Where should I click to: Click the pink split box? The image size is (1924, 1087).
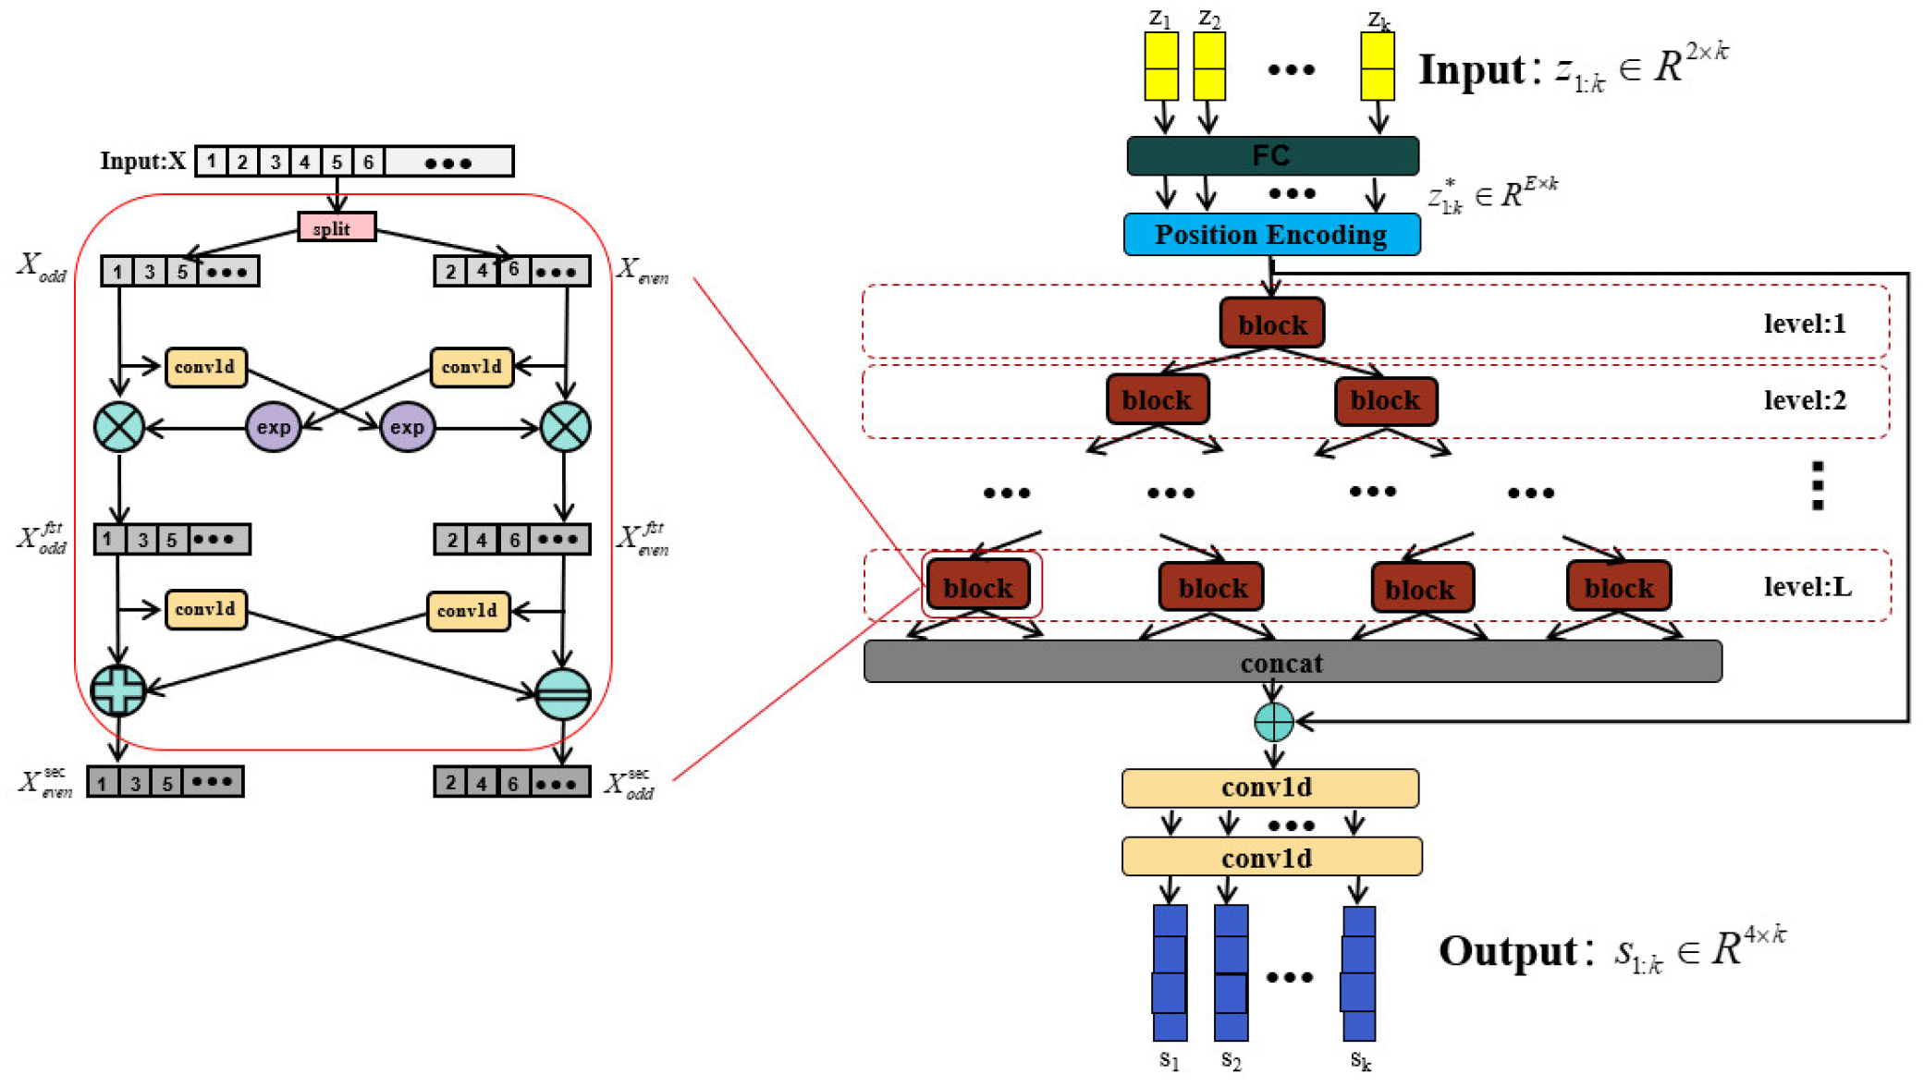pyautogui.click(x=337, y=227)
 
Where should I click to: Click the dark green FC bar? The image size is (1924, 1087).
pyautogui.click(x=1272, y=155)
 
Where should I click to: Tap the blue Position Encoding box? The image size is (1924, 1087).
pyautogui.click(x=1271, y=235)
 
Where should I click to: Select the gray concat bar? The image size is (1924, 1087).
pyautogui.click(x=1292, y=662)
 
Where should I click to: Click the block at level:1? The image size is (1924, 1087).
pyautogui.click(x=1272, y=324)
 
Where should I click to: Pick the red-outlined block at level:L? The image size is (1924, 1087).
pyautogui.click(x=978, y=586)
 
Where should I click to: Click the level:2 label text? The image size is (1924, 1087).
pyautogui.click(x=1804, y=400)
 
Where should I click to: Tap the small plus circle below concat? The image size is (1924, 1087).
pyautogui.click(x=1273, y=722)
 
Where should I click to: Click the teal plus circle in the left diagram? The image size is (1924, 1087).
pyautogui.click(x=118, y=690)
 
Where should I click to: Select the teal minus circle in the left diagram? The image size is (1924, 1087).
pyautogui.click(x=563, y=693)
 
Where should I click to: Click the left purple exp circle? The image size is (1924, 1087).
pyautogui.click(x=273, y=427)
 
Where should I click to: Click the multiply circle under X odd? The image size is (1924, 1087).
pyautogui.click(x=119, y=427)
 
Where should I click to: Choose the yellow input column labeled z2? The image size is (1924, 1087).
pyautogui.click(x=1209, y=67)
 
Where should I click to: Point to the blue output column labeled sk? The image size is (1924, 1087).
pyautogui.click(x=1358, y=972)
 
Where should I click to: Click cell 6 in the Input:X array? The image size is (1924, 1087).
pyautogui.click(x=368, y=162)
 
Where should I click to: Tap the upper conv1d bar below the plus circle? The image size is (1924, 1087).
pyautogui.click(x=1269, y=788)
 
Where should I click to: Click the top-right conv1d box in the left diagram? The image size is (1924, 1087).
pyautogui.click(x=472, y=367)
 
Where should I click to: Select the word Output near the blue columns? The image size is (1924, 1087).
pyautogui.click(x=1507, y=951)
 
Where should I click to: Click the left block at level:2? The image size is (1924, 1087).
pyautogui.click(x=1157, y=400)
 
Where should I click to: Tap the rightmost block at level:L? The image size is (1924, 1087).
pyautogui.click(x=1618, y=586)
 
